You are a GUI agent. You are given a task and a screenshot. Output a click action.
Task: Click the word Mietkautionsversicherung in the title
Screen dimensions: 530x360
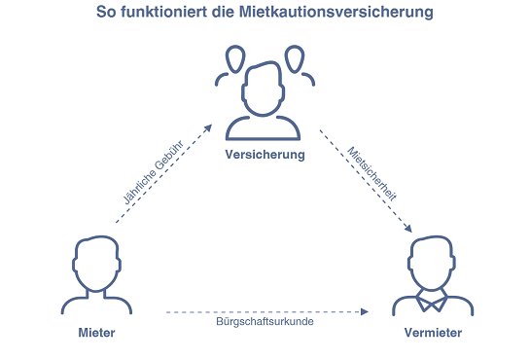tap(336, 13)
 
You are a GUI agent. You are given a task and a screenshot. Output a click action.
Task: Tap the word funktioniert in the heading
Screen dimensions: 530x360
tap(164, 12)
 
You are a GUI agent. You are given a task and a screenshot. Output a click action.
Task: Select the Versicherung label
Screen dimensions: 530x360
tap(265, 155)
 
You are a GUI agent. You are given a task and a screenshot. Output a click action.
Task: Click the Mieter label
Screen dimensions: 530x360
tap(96, 333)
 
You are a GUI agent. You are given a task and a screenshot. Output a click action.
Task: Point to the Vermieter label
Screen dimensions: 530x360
tap(433, 333)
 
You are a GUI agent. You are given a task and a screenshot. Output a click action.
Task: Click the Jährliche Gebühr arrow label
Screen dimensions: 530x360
tap(153, 172)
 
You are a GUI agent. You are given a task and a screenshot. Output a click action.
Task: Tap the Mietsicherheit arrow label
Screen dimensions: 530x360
tap(371, 174)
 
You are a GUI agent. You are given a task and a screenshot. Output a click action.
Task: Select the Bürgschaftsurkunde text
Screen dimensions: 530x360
tap(265, 321)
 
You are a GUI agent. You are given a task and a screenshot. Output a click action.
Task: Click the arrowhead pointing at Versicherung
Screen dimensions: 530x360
tap(208, 128)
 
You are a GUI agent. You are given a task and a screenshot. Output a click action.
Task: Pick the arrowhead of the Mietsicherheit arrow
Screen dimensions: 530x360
tap(408, 229)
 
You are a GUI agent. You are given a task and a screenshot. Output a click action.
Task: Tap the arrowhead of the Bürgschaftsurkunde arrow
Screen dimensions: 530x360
tap(365, 311)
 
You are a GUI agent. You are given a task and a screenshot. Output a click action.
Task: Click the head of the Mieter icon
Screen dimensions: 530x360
tap(96, 264)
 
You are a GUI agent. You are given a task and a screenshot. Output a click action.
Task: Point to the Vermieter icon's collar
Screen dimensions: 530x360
tap(432, 300)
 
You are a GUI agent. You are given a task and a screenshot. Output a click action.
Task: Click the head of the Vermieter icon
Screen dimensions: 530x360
tap(432, 263)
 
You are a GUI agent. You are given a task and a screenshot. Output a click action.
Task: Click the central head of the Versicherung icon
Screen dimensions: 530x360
tap(263, 89)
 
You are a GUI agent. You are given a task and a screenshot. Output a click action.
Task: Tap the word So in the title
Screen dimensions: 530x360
tap(106, 13)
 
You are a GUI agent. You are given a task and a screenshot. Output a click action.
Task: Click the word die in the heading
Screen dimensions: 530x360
tap(224, 12)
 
